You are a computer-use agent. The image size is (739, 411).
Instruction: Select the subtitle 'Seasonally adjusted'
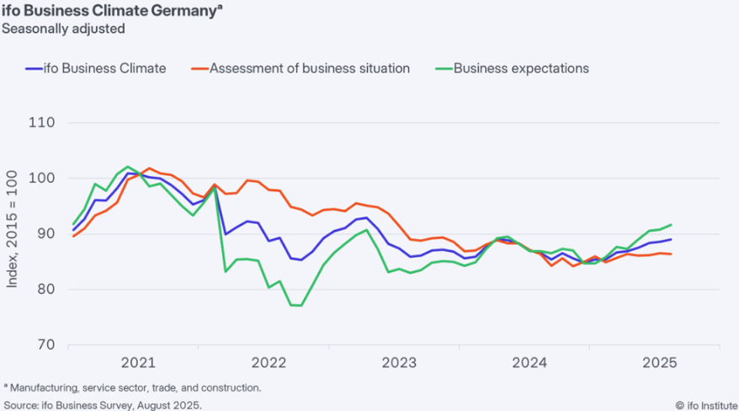point(63,29)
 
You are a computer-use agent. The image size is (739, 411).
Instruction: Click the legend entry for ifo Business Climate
point(96,68)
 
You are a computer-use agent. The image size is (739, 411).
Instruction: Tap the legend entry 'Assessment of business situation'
point(300,68)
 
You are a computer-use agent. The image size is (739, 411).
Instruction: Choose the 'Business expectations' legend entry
point(513,68)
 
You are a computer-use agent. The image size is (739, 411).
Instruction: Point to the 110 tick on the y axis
point(41,123)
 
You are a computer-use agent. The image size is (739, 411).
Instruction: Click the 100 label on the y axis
point(41,179)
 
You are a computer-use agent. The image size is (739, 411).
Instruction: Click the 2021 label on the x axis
point(138,362)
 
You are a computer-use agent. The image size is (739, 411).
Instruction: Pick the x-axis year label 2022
point(268,362)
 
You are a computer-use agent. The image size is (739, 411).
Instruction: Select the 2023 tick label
point(399,362)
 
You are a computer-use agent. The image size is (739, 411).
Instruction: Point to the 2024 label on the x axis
point(529,362)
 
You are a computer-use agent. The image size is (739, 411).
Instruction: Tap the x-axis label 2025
point(660,362)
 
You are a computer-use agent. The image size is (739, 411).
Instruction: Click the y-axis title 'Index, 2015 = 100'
point(12,229)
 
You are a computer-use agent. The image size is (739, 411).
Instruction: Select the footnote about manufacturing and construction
point(132,388)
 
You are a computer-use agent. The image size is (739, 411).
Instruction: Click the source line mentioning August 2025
point(103,405)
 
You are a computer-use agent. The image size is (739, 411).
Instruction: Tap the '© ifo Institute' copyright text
point(706,405)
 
